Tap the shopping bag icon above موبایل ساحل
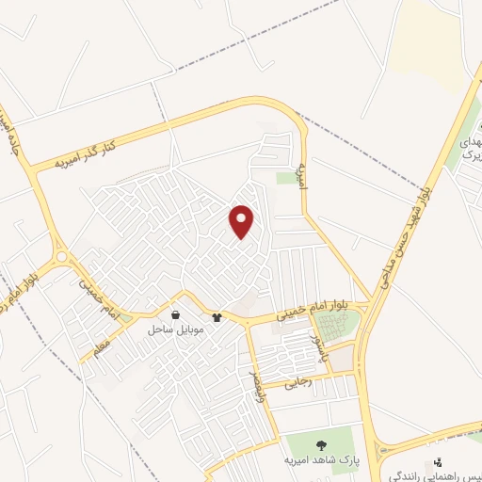176,315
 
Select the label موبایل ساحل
172,330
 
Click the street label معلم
101,347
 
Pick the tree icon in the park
322,444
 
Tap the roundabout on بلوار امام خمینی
63,256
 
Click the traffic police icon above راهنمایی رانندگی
438,462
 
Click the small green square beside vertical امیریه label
286,178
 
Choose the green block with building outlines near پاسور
337,325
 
